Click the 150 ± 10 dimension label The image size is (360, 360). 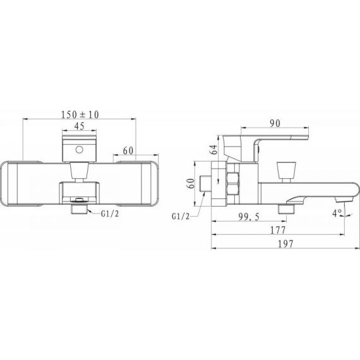coord(80,114)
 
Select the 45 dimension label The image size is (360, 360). coord(80,126)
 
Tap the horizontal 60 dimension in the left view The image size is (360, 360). coord(128,150)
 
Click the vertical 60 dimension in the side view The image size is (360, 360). coord(191,183)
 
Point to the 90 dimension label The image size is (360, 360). coord(275,123)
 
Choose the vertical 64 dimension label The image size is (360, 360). coord(214,150)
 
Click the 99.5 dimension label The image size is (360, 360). coord(249,217)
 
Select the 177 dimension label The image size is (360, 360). coord(278,230)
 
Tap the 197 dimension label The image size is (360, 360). coord(286,244)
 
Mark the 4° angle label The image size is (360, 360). coord(337,213)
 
